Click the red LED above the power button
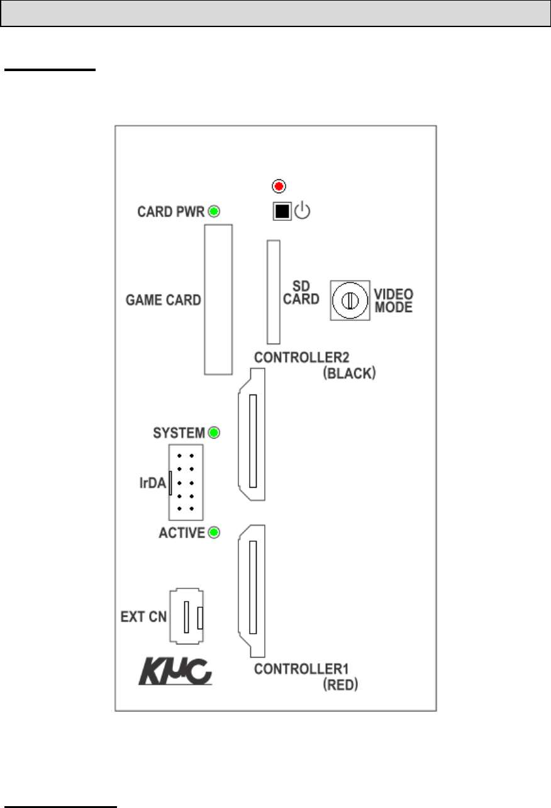pos(279,186)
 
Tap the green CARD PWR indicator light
pos(214,211)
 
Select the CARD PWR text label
pos(171,211)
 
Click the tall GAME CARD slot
pos(218,300)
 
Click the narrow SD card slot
pos(273,291)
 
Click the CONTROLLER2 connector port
pos(252,435)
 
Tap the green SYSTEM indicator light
pos(214,433)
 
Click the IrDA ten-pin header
pos(184,481)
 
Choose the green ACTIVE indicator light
pos(214,534)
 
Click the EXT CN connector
pos(187,617)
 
